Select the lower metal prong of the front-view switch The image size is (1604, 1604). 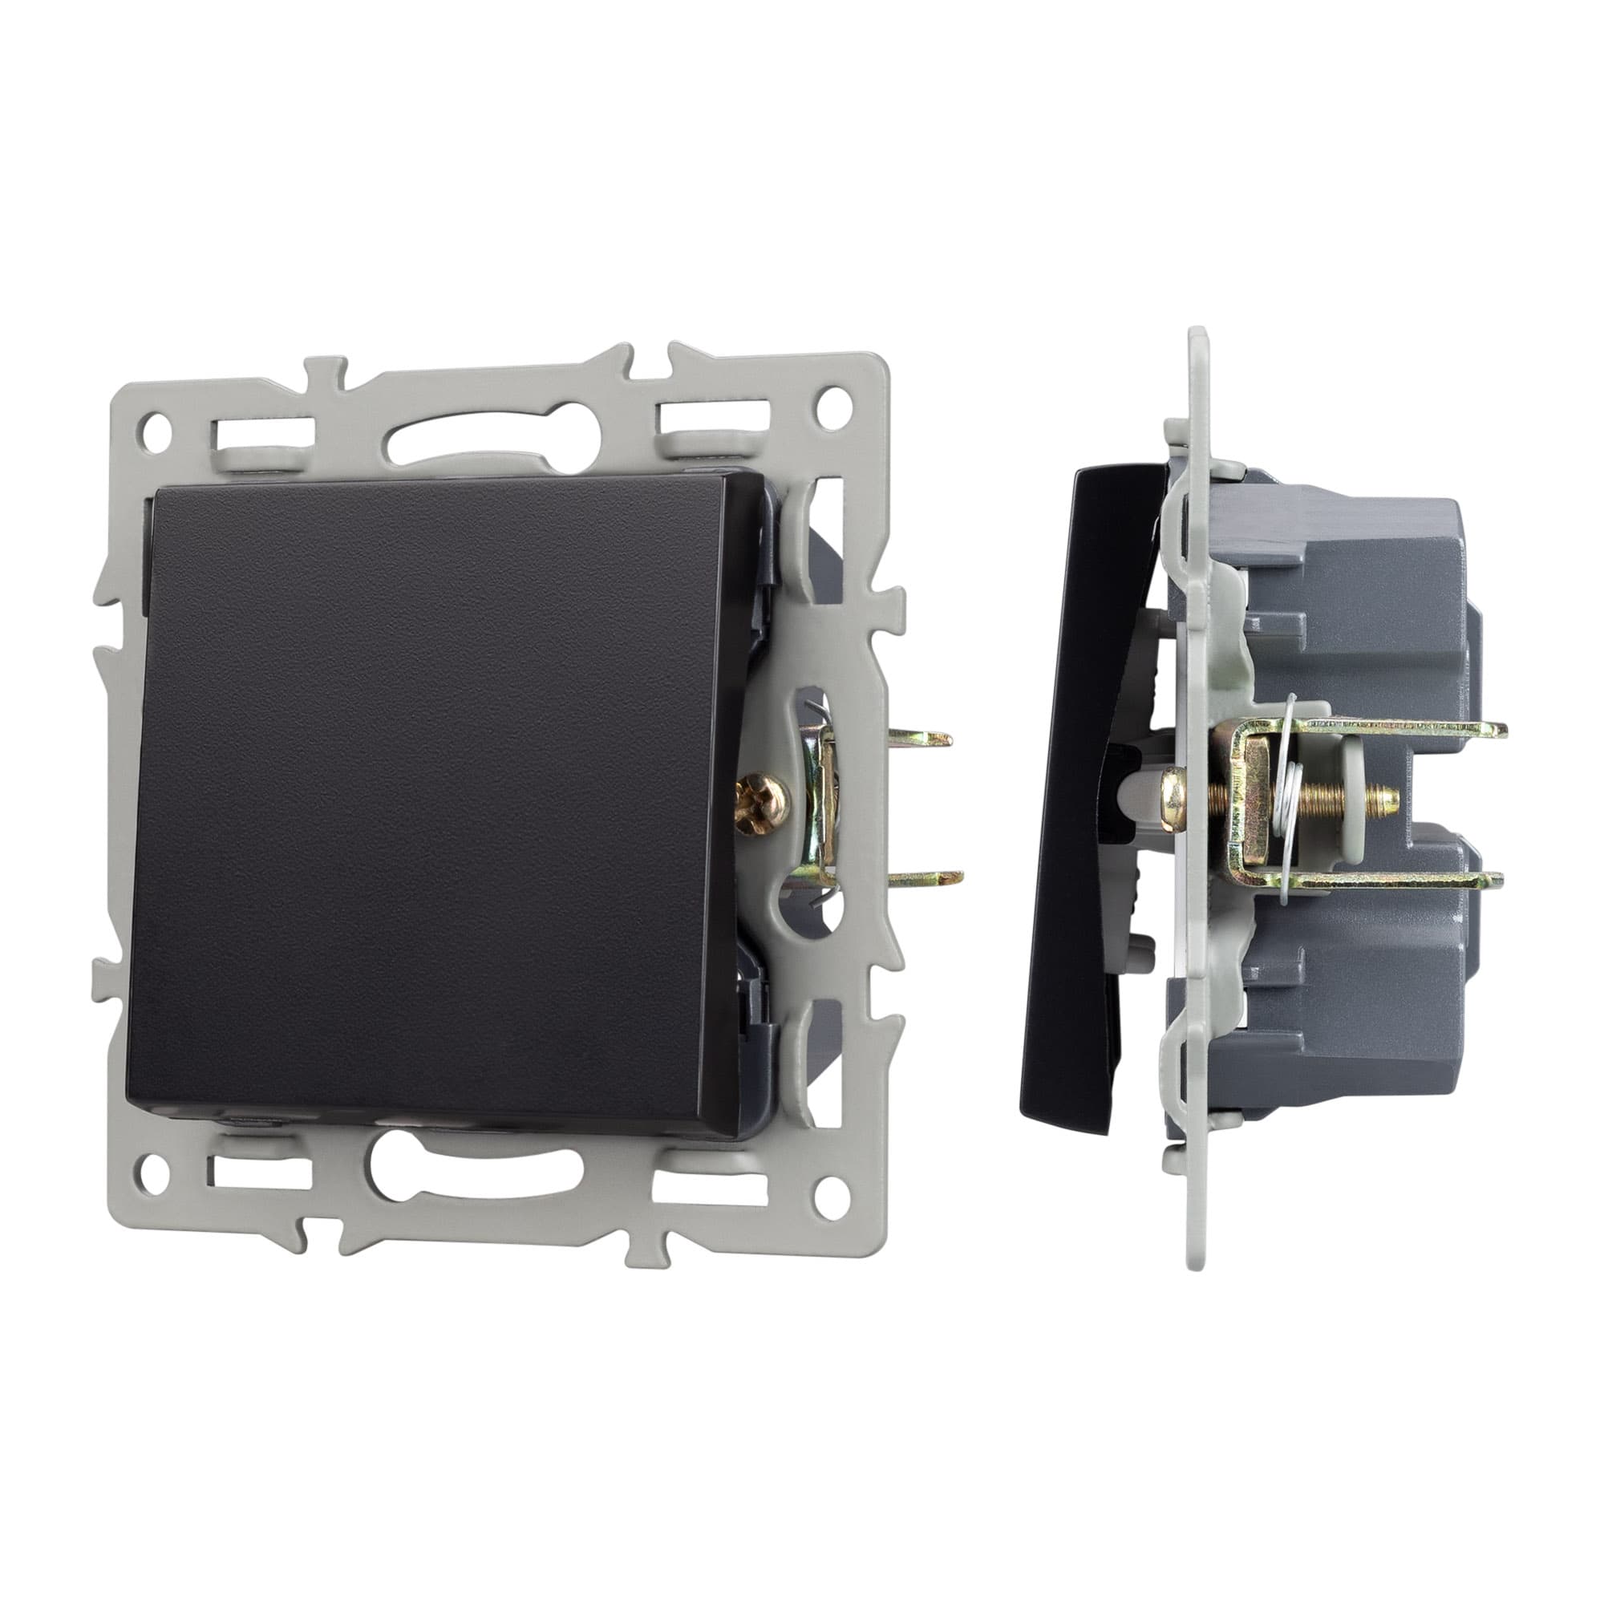point(934,875)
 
